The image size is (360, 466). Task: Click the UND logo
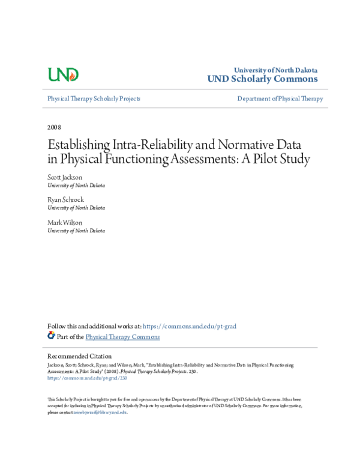pos(63,74)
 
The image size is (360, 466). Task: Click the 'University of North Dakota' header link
pos(275,70)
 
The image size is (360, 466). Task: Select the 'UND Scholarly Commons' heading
pos(262,79)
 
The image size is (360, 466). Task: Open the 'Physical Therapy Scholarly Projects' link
pos(94,98)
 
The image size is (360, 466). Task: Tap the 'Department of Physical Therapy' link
pos(280,98)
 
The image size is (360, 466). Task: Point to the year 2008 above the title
pos(54,127)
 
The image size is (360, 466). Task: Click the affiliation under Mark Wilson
pos(76,231)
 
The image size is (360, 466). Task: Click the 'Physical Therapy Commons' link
pos(122,337)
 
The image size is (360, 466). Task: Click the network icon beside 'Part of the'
pos(51,336)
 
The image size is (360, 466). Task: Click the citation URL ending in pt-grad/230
pos(87,378)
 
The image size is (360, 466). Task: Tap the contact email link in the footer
pos(100,412)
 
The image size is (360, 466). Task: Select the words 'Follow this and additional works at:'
pos(94,326)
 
